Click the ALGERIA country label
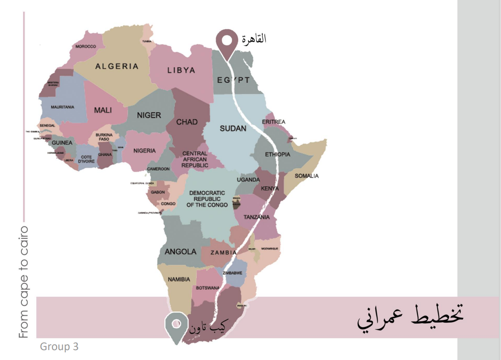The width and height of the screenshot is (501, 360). click(117, 66)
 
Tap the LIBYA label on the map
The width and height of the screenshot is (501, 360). click(181, 70)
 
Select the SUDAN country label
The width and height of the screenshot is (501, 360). click(233, 128)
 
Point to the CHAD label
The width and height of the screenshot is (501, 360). click(187, 122)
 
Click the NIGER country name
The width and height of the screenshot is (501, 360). click(149, 115)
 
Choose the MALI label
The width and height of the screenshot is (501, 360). click(103, 110)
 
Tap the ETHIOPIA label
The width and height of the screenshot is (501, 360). click(278, 155)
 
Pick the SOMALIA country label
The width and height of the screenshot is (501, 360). click(307, 176)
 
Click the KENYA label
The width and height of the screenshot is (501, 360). click(270, 188)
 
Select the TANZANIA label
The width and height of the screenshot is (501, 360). click(257, 217)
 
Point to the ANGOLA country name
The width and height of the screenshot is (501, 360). click(180, 252)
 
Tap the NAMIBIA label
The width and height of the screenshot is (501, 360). click(179, 279)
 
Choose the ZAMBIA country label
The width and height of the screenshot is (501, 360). click(223, 252)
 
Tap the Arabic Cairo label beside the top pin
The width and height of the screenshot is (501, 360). click(254, 40)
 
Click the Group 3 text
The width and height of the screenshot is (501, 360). click(59, 347)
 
